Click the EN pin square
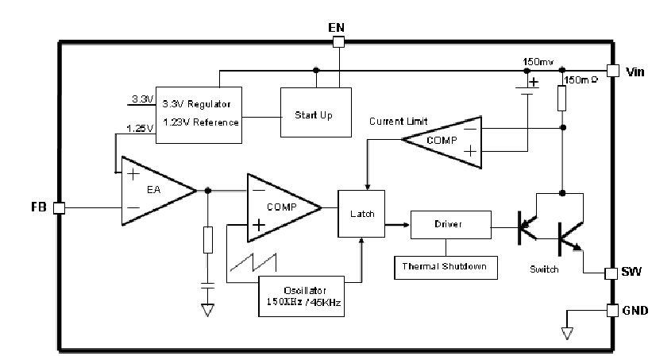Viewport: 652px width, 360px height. [x=338, y=41]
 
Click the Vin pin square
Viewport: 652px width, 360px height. [x=612, y=71]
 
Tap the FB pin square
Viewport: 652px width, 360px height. [x=59, y=207]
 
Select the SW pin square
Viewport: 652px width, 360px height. [x=611, y=273]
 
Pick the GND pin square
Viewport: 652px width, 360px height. [x=611, y=310]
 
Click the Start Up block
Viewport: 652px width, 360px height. [x=314, y=114]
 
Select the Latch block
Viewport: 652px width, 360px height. [x=361, y=214]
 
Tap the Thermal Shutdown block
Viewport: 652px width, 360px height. [x=446, y=267]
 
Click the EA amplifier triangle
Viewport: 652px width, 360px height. [x=156, y=191]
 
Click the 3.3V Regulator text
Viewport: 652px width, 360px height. [x=197, y=103]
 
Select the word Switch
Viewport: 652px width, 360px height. [x=544, y=269]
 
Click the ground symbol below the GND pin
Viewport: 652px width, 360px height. [x=565, y=331]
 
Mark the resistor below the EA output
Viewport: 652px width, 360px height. [x=208, y=239]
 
